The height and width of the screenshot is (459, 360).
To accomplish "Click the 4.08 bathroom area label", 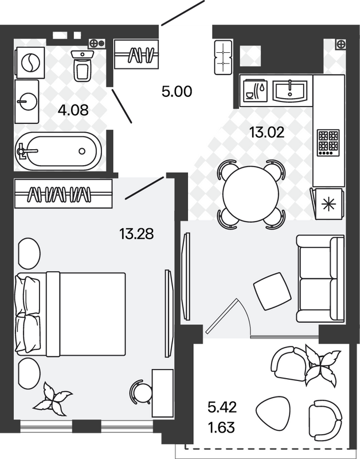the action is click(73, 110).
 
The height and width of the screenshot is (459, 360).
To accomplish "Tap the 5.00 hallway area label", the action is click(177, 92).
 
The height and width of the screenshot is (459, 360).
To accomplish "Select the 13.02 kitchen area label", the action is click(267, 133).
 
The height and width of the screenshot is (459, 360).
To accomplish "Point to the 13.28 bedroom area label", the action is click(136, 234).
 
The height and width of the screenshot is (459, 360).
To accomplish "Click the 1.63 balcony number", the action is click(221, 427).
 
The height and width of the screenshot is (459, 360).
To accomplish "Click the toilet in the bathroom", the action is click(82, 65).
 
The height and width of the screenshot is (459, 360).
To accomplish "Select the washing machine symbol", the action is click(30, 63).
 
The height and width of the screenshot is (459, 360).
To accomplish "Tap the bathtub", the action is click(58, 151).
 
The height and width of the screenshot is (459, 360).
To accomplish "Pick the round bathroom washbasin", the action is click(27, 102).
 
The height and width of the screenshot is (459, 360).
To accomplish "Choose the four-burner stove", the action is click(329, 142).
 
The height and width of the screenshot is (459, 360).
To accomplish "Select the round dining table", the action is click(251, 194).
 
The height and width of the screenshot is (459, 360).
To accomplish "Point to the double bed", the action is click(71, 314).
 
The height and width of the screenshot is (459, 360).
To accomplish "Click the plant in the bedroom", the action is click(53, 399).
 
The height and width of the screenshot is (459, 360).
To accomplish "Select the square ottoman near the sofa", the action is click(272, 291).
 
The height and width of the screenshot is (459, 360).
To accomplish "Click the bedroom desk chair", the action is click(141, 392).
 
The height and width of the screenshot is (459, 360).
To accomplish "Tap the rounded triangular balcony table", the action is click(273, 413).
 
